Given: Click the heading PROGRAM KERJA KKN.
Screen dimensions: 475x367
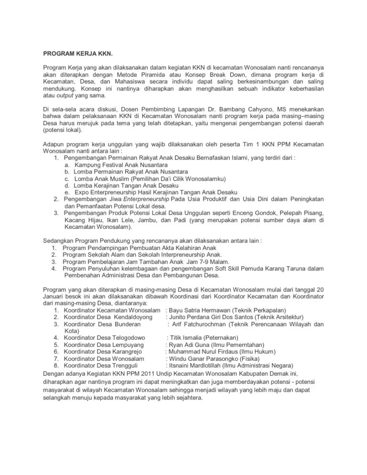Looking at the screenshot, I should tap(76, 54).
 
